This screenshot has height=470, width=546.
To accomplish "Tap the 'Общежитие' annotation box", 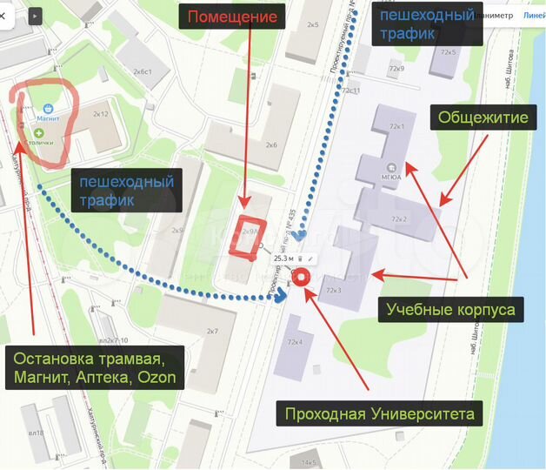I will click(483, 117).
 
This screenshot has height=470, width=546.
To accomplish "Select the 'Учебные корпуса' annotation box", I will click(450, 310).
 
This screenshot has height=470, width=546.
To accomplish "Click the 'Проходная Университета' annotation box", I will click(380, 414).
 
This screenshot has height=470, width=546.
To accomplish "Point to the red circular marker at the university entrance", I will click(302, 277).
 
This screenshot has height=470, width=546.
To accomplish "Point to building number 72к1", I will click(398, 127).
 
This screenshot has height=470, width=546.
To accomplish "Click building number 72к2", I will click(399, 218).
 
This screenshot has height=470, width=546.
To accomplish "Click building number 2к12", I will click(101, 114).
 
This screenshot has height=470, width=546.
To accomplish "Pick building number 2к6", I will click(271, 144).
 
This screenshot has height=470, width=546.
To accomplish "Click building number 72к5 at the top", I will click(448, 52).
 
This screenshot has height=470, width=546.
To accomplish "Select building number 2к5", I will click(313, 24).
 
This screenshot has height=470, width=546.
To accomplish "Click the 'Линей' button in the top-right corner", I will click(532, 16).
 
